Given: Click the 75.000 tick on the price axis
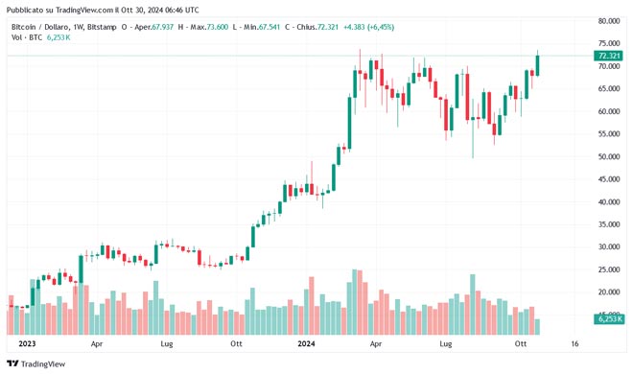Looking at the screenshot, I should [608, 44].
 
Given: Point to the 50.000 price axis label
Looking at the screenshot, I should [608, 156].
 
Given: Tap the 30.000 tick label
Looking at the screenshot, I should [608, 246].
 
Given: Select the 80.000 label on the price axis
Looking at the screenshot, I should [608, 21].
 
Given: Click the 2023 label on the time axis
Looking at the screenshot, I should [27, 342].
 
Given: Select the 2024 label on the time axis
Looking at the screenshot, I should [306, 342].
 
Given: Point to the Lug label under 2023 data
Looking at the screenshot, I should [166, 342].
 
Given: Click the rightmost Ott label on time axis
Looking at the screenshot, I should [522, 342].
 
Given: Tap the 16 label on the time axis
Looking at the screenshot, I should [574, 342].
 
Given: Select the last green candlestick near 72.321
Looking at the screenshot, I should [538, 64].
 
